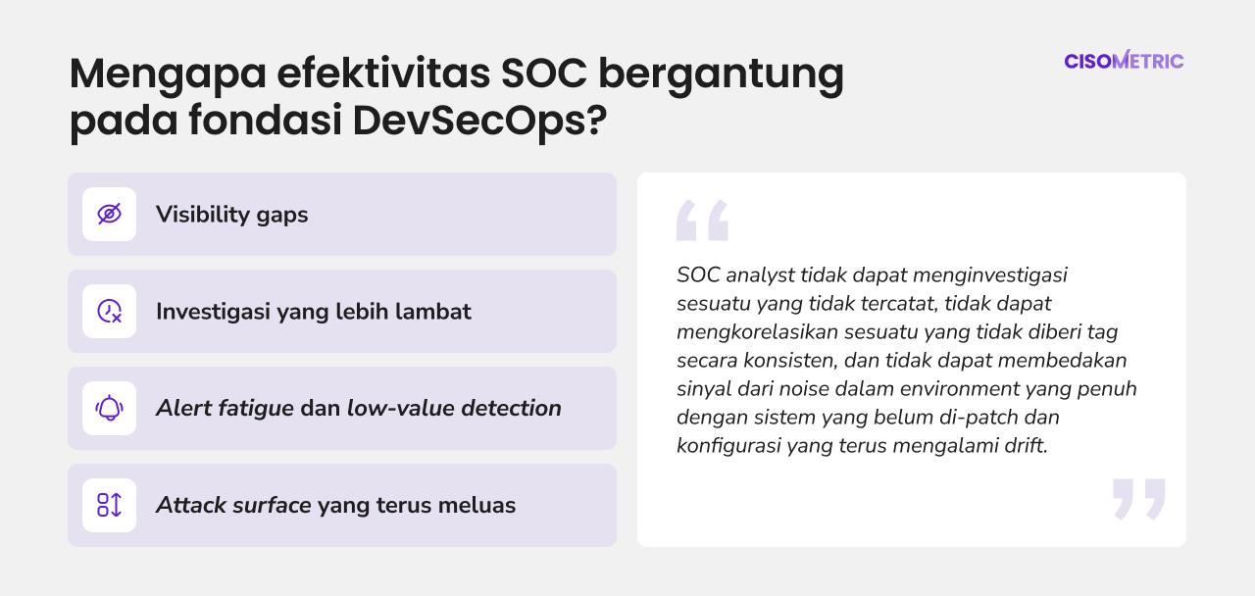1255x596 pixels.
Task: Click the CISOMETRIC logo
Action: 1124,60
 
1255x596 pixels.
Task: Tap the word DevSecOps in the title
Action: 479,121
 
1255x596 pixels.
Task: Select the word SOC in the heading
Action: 544,73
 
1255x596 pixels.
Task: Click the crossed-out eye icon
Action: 109,214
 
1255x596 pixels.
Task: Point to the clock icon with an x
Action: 109,312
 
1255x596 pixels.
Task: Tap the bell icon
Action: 109,409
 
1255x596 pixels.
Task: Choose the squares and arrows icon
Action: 109,505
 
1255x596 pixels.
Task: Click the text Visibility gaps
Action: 232,215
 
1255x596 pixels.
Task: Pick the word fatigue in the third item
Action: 256,409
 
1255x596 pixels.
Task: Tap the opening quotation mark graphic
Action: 703,221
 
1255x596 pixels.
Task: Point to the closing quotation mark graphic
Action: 1139,499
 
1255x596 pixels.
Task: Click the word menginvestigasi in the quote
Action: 990,275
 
